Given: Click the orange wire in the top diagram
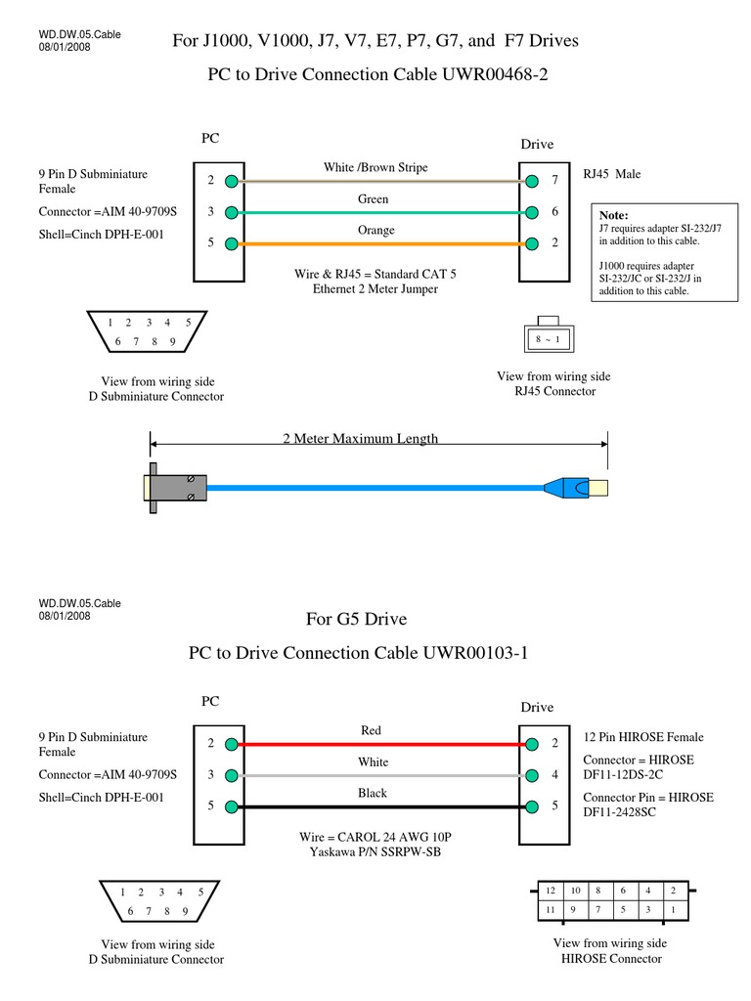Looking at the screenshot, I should [381, 243].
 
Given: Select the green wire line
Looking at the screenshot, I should [381, 212].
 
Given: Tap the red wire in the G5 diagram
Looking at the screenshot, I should [381, 744].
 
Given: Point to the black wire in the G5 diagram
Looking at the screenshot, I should [381, 806].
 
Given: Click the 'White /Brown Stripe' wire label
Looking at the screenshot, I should [375, 168].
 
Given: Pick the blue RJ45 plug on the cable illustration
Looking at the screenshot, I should [565, 486].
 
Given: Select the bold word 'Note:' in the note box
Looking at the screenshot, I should [613, 215].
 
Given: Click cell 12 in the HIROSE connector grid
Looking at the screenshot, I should [551, 891].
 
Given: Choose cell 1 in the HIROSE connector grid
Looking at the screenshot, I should [673, 910].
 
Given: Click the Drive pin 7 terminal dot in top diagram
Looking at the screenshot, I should [531, 181].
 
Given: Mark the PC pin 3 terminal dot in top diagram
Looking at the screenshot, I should [230, 212].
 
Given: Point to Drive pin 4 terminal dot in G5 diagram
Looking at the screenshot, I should [531, 775].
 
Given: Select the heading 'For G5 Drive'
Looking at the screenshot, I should [356, 620].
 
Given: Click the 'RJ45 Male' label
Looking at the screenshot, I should [612, 174].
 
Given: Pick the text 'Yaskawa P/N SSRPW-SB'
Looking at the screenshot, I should [376, 852].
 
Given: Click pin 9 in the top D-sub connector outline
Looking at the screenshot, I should [172, 342].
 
